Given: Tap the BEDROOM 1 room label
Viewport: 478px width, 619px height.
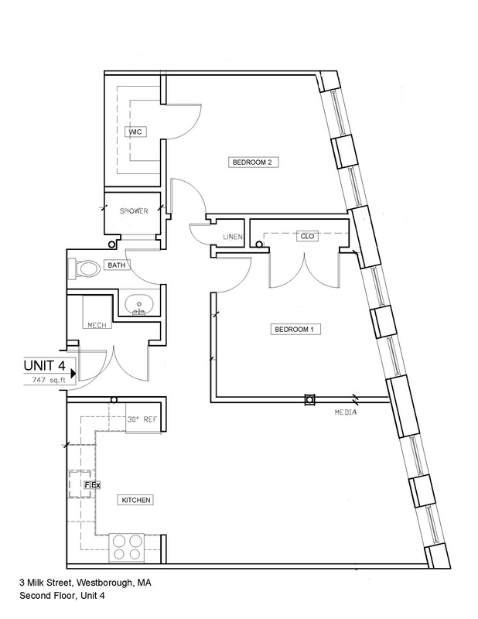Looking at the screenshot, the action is (295, 330).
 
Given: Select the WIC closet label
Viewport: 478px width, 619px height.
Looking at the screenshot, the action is (136, 132).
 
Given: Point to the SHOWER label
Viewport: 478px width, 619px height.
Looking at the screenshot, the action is (134, 211).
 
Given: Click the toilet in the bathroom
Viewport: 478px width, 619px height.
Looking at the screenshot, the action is (84, 268).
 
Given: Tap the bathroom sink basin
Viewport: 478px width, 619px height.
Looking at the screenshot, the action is (138, 305).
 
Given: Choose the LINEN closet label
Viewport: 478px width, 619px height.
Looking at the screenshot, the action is (233, 237).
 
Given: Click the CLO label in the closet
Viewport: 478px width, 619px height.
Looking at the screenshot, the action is (308, 236).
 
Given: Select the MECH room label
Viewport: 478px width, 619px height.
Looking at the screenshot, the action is (97, 325).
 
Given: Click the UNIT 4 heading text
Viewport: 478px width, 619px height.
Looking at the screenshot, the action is (44, 365).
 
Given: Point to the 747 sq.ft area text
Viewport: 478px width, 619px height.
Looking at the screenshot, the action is (49, 381).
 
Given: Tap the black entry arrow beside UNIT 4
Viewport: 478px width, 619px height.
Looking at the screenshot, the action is (73, 374).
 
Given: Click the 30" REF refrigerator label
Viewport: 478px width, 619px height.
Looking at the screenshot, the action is (142, 419).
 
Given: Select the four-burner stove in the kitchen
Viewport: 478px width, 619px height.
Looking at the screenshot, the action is (126, 547).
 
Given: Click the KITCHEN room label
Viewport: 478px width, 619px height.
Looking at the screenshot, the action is (136, 500).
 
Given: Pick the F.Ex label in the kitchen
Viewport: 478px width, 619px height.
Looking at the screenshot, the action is (92, 484).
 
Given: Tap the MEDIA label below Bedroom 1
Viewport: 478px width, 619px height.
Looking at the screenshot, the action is (346, 412).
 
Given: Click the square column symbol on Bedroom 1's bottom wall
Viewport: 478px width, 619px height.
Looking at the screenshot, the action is (310, 399).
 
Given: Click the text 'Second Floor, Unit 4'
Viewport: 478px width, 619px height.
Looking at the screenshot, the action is (63, 596).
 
